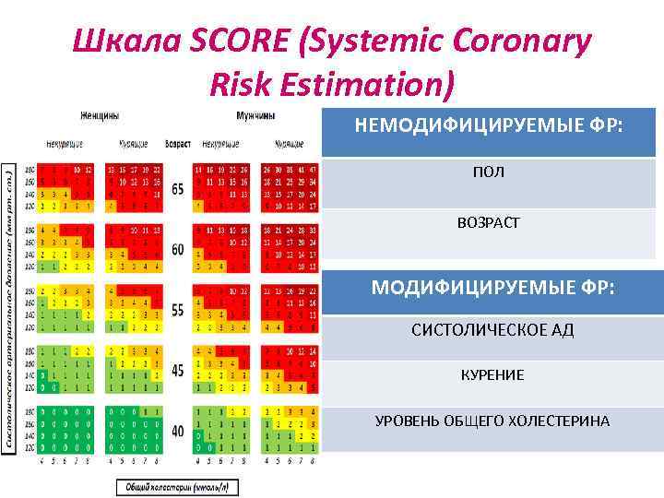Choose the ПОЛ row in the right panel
tap(489, 173)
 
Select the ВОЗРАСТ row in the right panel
tap(489, 222)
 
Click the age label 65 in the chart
tap(177, 189)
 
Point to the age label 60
tap(177, 250)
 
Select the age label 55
tap(177, 310)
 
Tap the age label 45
tap(177, 370)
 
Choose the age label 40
tap(177, 430)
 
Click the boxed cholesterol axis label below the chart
tap(174, 485)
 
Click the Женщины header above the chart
tap(99, 116)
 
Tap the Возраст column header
tap(177, 145)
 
